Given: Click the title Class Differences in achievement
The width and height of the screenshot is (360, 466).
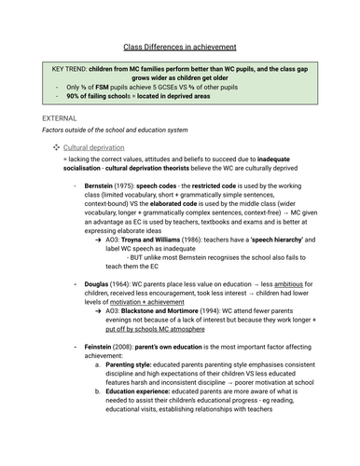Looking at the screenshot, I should tap(180, 46).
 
